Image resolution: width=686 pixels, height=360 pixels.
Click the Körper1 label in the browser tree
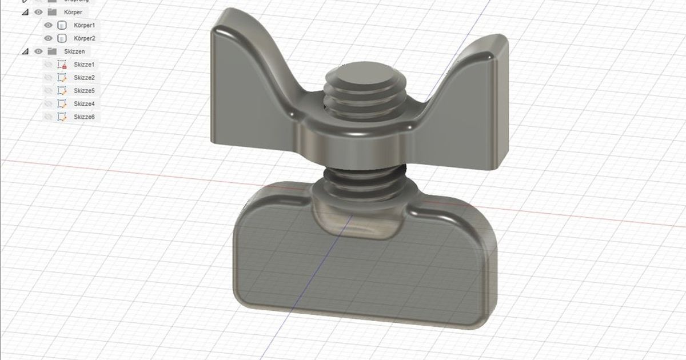[84, 26]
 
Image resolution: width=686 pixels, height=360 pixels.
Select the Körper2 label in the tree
[84, 38]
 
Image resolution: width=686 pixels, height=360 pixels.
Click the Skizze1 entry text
[84, 65]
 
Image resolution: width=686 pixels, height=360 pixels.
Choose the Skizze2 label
[84, 78]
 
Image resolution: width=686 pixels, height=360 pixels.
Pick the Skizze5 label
[84, 91]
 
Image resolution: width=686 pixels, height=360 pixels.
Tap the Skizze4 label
[84, 104]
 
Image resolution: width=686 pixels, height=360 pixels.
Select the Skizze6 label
[84, 117]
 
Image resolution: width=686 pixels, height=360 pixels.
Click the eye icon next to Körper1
[49, 26]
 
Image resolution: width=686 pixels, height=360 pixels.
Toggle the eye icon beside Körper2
[49, 38]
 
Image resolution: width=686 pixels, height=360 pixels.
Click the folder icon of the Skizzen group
[52, 51]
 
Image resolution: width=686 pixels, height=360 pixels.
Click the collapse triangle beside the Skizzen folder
[25, 51]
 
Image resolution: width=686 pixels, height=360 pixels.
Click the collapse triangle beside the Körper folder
[25, 12]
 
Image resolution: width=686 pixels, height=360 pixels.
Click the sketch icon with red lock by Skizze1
[62, 65]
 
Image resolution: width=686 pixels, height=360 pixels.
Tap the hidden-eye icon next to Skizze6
[49, 117]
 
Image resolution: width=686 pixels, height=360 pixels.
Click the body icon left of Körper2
[62, 38]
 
